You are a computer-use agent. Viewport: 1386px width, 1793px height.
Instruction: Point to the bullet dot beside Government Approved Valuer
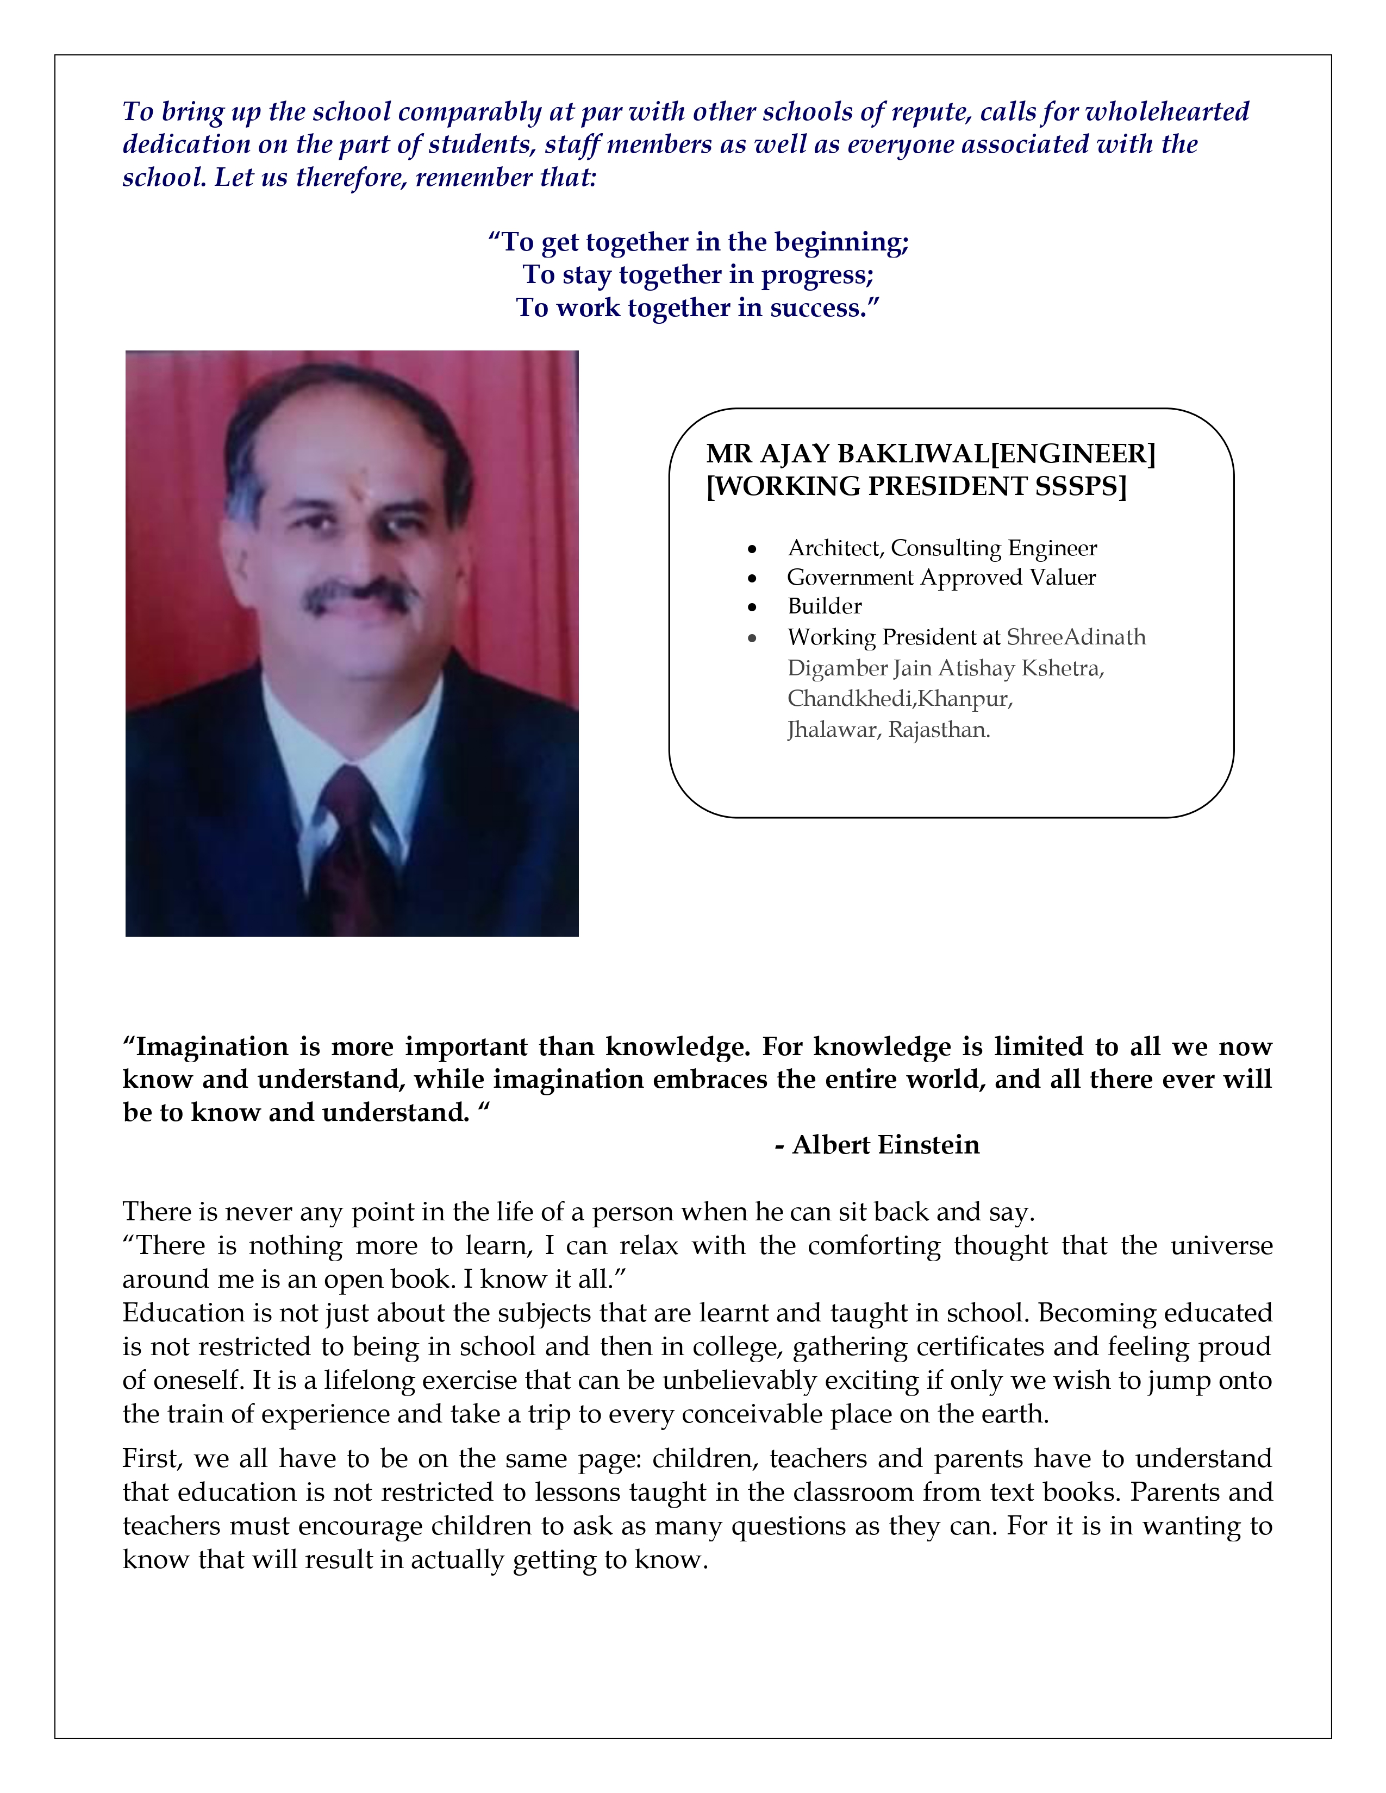tap(752, 579)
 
